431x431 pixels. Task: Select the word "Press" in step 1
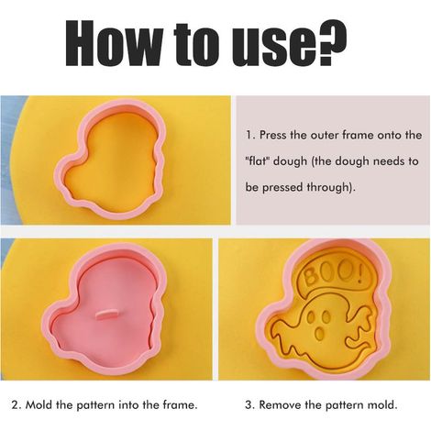tap(273, 135)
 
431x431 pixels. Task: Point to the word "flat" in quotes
tap(257, 160)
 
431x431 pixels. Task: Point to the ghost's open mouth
tap(320, 333)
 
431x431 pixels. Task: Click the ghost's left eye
tap(312, 317)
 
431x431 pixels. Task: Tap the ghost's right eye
tap(326, 316)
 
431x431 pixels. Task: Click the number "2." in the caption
tap(17, 405)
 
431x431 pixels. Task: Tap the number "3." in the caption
tap(250, 405)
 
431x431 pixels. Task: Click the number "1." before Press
tap(249, 135)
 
